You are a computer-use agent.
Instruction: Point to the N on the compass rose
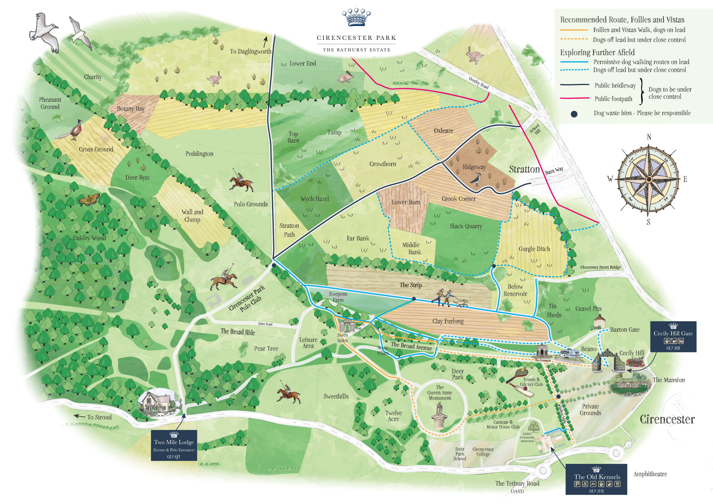tap(649, 137)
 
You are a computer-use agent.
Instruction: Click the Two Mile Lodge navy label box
tap(174, 445)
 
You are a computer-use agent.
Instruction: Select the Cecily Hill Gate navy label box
tap(673, 336)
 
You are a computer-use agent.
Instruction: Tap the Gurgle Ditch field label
tap(534, 249)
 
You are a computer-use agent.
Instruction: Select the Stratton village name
tap(524, 169)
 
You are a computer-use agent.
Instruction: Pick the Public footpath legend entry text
tap(613, 99)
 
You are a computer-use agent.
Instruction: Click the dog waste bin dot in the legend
tap(574, 114)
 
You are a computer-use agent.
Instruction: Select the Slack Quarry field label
tap(466, 226)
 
